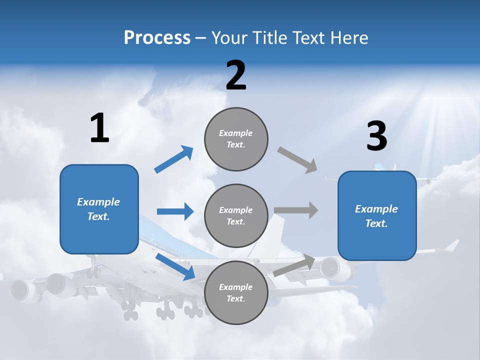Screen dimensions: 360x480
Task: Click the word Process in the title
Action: (157, 37)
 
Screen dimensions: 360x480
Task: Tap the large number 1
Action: (99, 128)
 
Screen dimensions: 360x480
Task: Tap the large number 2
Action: (236, 75)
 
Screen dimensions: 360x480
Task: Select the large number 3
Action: (376, 136)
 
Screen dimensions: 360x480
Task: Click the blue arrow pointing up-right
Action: (174, 159)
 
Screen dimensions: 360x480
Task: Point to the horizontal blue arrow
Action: (175, 211)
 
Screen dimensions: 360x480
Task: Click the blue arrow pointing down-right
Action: (175, 267)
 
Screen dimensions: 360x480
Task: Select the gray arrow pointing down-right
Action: (298, 160)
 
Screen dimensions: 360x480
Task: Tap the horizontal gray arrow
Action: (296, 210)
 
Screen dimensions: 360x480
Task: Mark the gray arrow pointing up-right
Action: (294, 265)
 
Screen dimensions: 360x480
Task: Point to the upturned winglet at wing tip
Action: (452, 245)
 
